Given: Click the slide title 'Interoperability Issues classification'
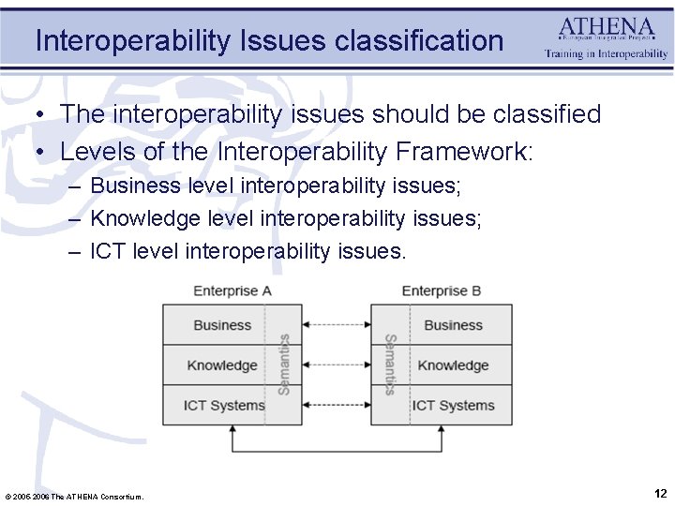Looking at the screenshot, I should coord(269,40).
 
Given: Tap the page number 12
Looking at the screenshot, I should coord(660,493).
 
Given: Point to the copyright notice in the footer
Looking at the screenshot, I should coord(75,496).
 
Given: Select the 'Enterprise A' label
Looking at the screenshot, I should coord(232,290).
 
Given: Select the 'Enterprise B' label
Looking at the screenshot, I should coord(441,290).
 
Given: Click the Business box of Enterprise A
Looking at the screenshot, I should coord(222,325).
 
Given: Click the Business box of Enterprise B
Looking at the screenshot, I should coord(453,325).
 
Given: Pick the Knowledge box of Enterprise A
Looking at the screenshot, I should coord(222,365).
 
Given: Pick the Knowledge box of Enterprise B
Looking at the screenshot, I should coord(453,365).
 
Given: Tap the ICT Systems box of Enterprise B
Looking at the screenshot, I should coord(453,405).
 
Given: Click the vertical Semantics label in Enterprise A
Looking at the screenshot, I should coord(284,365).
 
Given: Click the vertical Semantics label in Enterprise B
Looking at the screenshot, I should coord(390,365).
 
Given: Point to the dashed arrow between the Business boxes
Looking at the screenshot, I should coord(337,325).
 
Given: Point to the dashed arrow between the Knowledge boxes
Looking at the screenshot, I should coord(337,365).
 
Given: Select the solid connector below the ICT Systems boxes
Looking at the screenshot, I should coord(337,452).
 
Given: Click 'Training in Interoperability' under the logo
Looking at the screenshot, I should coord(607,54).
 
